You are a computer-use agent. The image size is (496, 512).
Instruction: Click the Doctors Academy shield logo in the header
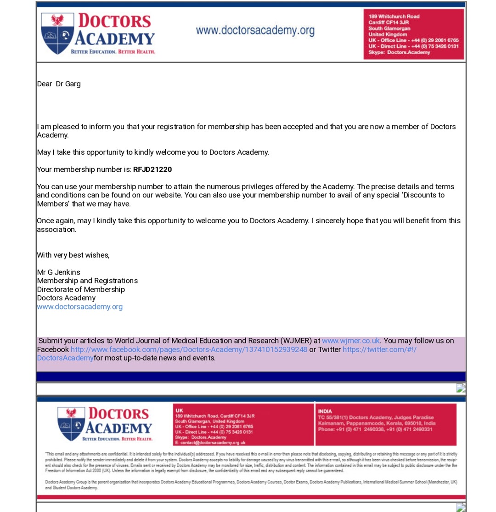57,34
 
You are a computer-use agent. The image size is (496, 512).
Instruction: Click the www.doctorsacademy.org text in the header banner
255,31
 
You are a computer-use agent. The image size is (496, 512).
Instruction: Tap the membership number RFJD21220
152,169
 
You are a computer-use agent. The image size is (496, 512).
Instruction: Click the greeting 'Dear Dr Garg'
59,84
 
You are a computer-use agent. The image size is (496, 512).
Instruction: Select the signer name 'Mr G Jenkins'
58,272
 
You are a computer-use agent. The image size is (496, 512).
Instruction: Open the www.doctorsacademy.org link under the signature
79,306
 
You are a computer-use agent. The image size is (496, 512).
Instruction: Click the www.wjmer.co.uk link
350,341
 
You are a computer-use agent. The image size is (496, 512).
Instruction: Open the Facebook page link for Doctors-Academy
189,349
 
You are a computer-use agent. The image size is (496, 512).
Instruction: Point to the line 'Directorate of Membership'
81,289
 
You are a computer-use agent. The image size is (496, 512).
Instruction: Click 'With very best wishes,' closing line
73,255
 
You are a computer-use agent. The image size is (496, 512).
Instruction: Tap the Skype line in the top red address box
399,52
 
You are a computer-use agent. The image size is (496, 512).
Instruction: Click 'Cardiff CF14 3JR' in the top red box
388,22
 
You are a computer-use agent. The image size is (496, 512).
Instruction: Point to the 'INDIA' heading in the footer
325,411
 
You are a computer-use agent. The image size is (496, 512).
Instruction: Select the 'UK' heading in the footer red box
179,410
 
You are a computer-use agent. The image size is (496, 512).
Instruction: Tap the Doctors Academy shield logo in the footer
71,423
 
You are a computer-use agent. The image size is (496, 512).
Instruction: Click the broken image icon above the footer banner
461,388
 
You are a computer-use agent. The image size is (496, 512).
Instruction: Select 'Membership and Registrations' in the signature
87,281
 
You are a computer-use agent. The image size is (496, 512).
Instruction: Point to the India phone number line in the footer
375,429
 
